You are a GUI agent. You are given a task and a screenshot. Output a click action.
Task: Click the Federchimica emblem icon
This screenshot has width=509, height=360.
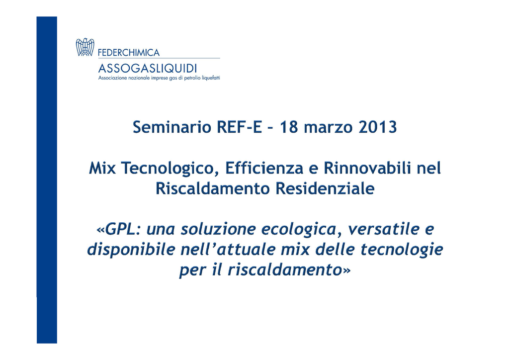[x=85, y=47]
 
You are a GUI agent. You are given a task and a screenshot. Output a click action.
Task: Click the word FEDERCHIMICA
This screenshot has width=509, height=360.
[x=129, y=53]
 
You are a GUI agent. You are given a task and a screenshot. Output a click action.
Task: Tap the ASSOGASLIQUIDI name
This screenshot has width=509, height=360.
[x=147, y=68]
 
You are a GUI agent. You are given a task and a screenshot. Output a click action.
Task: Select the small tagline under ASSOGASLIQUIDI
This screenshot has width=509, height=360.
[x=159, y=78]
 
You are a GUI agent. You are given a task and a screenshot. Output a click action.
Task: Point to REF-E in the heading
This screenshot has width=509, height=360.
[x=239, y=127]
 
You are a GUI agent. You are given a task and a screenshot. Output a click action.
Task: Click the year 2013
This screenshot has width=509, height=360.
[x=378, y=127]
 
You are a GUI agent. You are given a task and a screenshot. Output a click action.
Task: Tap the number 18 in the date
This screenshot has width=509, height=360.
[x=289, y=127]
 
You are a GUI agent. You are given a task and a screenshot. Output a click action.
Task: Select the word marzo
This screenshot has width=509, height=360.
[x=328, y=127]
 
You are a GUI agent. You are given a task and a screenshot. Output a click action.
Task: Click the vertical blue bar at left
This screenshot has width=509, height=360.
[x=47, y=180]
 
